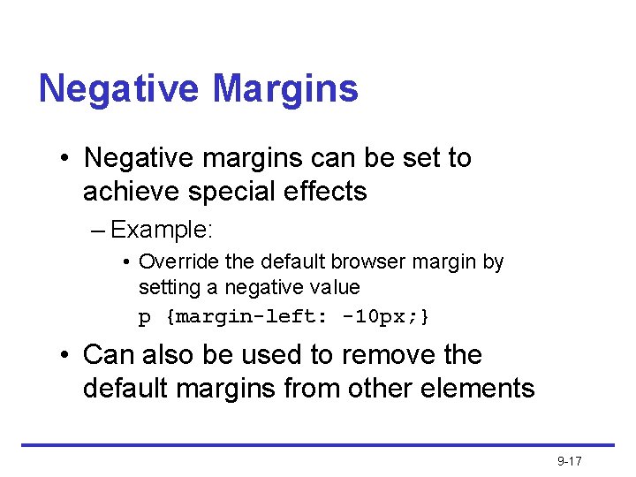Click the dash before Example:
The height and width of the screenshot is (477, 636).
[98, 231]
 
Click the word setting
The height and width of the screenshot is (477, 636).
[168, 288]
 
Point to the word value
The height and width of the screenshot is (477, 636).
[336, 288]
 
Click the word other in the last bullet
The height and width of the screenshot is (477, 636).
[379, 389]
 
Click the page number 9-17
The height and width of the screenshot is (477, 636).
[569, 462]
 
